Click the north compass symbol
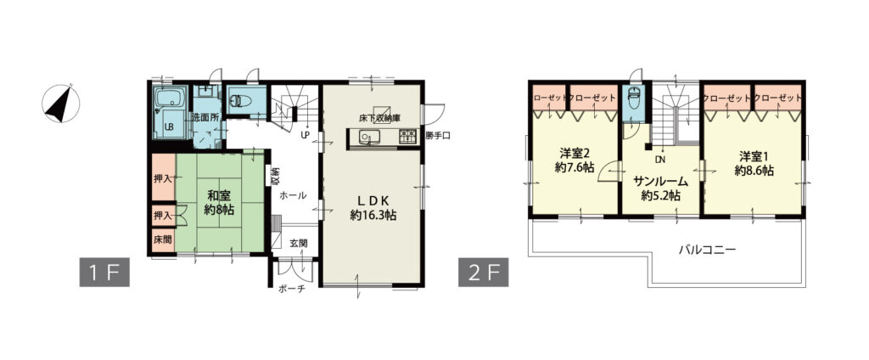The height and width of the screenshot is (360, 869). [x=60, y=104]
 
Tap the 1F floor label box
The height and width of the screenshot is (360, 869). [x=104, y=273]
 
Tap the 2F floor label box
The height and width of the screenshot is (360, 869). [x=483, y=273]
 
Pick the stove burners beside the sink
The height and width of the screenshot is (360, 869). [x=407, y=137]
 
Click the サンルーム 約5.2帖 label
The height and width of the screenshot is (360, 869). [x=661, y=188]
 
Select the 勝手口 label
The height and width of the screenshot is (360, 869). [x=438, y=137]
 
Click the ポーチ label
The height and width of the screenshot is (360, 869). [x=292, y=290]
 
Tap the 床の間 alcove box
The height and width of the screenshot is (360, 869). [x=162, y=240]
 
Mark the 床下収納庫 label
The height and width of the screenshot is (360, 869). [x=379, y=118]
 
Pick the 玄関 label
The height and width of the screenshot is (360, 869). [x=299, y=242]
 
